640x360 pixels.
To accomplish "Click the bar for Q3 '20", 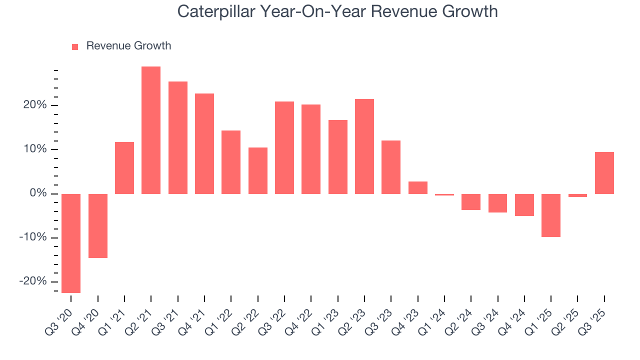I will (71, 243).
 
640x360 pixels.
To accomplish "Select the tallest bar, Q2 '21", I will (151, 130).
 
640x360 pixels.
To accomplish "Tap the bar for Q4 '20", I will (98, 225).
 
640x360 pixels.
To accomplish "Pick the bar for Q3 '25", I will (604, 172).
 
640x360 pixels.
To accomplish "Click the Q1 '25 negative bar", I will (551, 215).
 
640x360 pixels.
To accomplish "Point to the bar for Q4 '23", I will (418, 187).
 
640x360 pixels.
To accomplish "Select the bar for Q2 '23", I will (364, 146).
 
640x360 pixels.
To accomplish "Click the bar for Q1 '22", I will (231, 162).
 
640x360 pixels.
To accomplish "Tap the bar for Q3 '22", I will (284, 147).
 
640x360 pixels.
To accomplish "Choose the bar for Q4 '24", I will (524, 204).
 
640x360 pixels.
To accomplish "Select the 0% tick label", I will (39, 193).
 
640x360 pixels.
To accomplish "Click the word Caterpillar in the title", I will (215, 11).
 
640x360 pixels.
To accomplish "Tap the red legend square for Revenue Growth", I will (75, 46).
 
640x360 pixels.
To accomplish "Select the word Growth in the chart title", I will (472, 11).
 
